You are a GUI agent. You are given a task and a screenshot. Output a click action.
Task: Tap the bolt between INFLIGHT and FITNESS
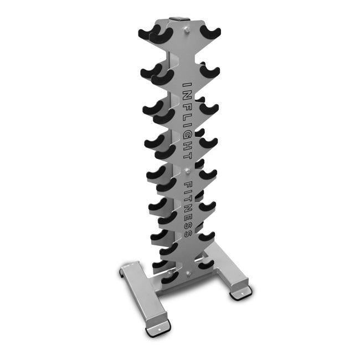coord(187,169)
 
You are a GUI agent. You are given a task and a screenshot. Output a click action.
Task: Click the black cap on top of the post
coord(180,20)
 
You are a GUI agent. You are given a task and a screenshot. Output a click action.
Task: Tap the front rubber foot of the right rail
coord(240,292)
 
